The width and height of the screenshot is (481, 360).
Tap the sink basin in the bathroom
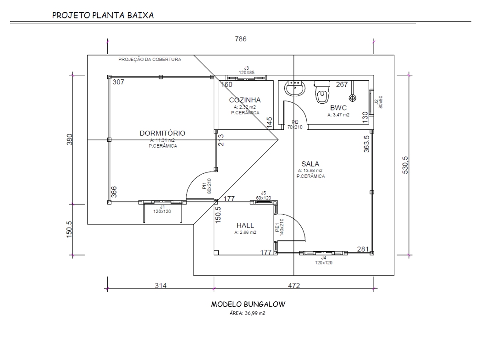[294, 88]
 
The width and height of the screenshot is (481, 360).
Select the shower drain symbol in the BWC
[353, 97]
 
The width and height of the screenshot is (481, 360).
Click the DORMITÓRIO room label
[162, 133]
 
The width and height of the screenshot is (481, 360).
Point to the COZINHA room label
[245, 100]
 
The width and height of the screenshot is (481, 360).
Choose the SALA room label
[310, 164]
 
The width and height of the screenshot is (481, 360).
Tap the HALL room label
[245, 225]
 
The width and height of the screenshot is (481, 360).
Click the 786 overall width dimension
[241, 39]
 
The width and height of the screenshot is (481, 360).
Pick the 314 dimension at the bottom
[160, 286]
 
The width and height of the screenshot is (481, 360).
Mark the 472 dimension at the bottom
[294, 286]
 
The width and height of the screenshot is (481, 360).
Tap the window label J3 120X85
[247, 70]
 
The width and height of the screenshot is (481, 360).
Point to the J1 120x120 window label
[162, 210]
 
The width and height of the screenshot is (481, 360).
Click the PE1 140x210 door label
[279, 227]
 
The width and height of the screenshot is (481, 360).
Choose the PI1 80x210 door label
[207, 185]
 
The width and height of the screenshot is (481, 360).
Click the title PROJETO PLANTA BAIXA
[103, 15]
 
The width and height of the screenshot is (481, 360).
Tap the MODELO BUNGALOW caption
[248, 305]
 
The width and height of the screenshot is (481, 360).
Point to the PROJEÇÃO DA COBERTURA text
[149, 60]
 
